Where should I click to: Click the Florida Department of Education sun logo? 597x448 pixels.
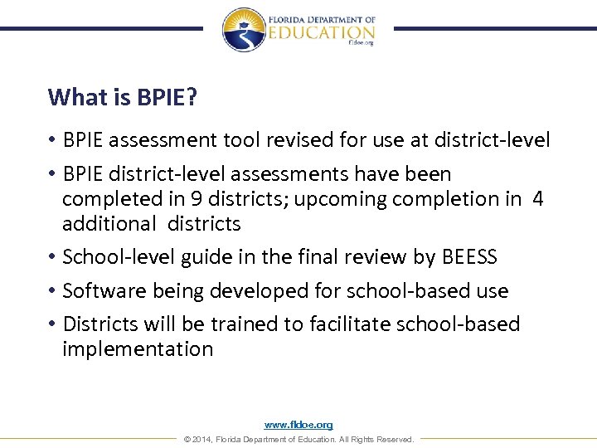click(244, 29)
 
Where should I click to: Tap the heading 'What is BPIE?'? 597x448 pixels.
click(122, 97)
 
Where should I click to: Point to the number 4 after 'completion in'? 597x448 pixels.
click(538, 199)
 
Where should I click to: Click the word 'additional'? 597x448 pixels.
click(109, 224)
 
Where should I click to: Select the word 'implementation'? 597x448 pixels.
click(138, 348)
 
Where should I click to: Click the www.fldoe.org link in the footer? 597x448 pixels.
click(298, 425)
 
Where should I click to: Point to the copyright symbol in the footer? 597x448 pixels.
click(187, 440)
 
